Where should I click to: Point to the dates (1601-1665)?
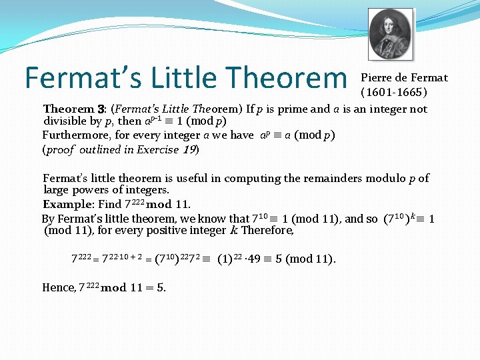click(x=394, y=92)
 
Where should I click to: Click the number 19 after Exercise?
click(x=191, y=149)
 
